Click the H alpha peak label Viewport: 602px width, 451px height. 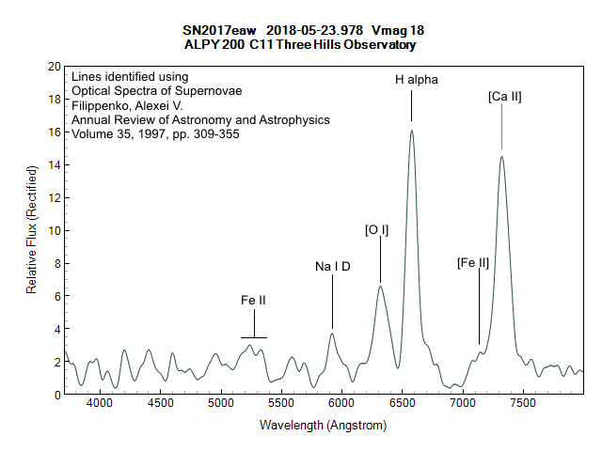[417, 80]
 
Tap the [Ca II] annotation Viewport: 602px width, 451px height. [505, 96]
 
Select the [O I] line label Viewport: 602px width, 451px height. [377, 229]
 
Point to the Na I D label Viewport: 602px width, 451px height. [333, 267]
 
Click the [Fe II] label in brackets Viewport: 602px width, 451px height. [473, 262]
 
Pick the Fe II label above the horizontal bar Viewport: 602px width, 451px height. [253, 301]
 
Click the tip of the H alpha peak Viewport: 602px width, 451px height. [412, 131]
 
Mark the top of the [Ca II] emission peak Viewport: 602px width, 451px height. [501, 157]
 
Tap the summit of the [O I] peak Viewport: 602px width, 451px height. [380, 287]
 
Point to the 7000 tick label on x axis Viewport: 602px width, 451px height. [463, 402]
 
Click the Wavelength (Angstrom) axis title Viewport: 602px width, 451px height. [324, 426]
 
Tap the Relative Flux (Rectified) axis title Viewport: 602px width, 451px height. [31, 231]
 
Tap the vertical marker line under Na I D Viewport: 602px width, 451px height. [332, 301]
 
